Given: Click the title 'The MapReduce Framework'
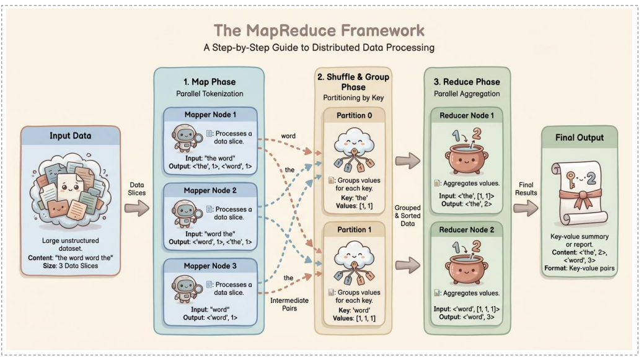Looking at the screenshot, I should coord(319,30).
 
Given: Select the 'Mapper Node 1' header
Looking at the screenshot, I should coord(211,115).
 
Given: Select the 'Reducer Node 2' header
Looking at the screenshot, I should coord(467,230).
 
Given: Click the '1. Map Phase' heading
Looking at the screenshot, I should coord(211,81).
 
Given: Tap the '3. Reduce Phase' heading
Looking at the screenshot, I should coord(467,81).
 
